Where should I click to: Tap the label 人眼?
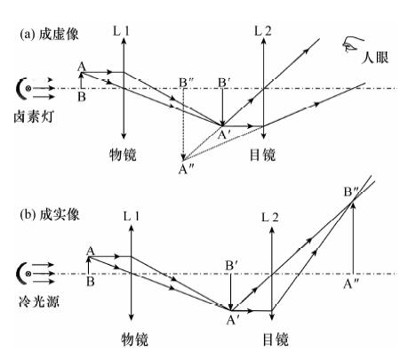pos(375,57)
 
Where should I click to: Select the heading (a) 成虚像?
pos(49,35)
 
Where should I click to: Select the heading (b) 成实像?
pos(50,214)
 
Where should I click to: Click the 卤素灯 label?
pos(34,116)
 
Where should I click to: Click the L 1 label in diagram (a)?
pos(121,31)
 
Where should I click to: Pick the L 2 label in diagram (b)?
pos(270,218)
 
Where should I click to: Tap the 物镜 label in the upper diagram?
pos(123,155)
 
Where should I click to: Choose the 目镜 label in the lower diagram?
pos(276,340)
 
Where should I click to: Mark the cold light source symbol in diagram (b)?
pos(24,273)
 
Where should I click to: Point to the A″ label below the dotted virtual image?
pos(186,169)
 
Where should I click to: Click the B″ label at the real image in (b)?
pos(351,192)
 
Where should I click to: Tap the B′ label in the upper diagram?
pos(224,83)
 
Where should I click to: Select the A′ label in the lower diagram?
pos(232,320)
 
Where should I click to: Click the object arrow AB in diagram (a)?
pos(81,80)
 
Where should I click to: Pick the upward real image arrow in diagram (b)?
pos(353,238)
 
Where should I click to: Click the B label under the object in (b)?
pos(91,281)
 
